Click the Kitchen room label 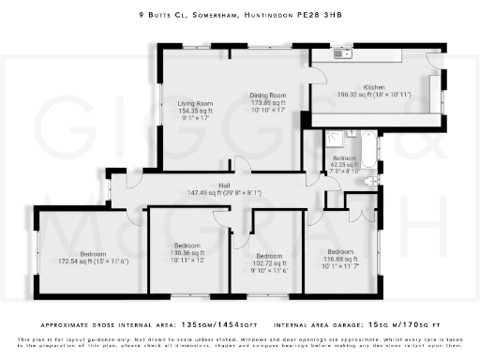375,86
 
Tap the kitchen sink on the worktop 343,54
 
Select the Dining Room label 267,96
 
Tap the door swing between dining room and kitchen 305,116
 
